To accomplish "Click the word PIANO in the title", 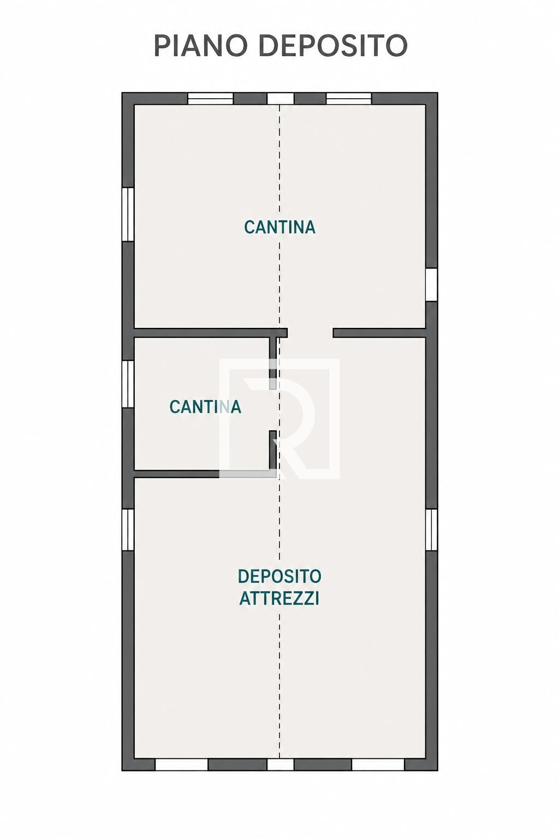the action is (x=201, y=46).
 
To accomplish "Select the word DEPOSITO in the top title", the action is (x=333, y=46).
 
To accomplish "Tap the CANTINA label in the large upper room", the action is (x=279, y=227).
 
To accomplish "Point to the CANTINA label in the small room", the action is (x=205, y=406).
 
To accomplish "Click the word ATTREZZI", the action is (x=279, y=598).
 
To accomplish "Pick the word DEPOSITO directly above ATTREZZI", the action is (x=279, y=576).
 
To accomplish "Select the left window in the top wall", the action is (x=210, y=98).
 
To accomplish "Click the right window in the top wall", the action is (x=349, y=98).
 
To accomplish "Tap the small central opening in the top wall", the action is (x=280, y=98).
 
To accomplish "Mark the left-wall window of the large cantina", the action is (x=128, y=214).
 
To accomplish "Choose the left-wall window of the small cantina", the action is (x=128, y=384).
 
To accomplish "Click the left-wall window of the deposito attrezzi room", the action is (x=128, y=529).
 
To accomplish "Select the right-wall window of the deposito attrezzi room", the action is (x=431, y=529).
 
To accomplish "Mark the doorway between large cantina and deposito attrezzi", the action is (x=310, y=333).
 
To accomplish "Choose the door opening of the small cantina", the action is (x=273, y=410).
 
